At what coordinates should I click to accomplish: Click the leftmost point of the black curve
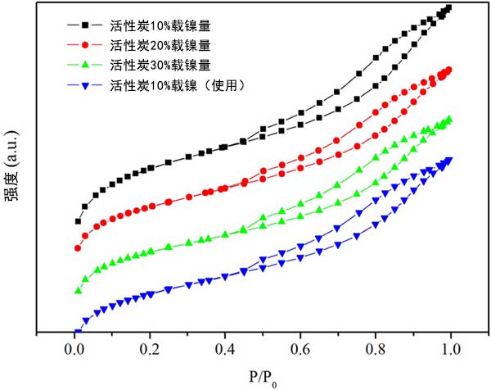[x=78, y=221]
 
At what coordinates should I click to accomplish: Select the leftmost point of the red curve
[x=78, y=248]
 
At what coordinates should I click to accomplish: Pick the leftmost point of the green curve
[x=79, y=291]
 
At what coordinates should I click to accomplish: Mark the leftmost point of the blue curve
[x=78, y=333]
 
